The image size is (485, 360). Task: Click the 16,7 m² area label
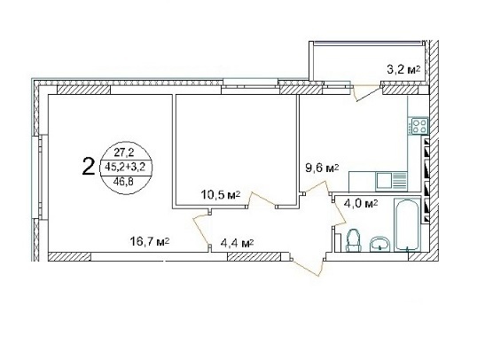pos(150,241)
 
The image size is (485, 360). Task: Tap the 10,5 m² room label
pos(221,195)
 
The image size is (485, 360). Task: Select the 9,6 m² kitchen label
pos(322,168)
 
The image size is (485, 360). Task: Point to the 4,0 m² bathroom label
pos(361,204)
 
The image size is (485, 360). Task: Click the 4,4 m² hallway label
pos(237,244)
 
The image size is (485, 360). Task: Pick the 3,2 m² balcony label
pos(403,69)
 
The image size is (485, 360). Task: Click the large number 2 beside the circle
pos(89,167)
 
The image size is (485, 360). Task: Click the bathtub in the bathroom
pos(407,224)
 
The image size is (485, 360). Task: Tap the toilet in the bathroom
pos(354,240)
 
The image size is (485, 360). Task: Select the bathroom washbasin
pos(380,243)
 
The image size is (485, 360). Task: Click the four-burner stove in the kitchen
pos(419,126)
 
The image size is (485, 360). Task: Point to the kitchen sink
pos(391,181)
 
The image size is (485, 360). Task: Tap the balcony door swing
pos(367,92)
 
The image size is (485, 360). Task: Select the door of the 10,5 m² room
pos(261,199)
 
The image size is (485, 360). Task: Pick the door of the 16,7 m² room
pos(201,230)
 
